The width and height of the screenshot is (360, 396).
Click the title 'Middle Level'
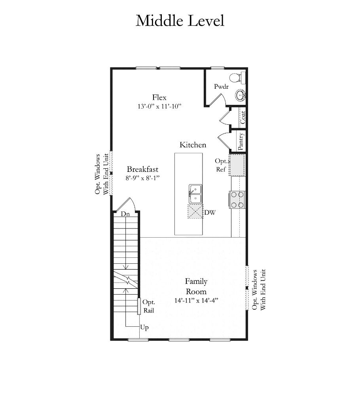(x=180, y=21)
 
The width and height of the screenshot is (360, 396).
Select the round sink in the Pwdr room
(x=241, y=95)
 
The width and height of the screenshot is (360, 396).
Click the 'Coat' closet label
(x=243, y=117)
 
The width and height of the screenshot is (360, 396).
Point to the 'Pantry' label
(x=241, y=141)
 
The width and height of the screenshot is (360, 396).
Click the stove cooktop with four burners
(x=237, y=200)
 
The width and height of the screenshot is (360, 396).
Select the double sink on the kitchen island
(x=195, y=194)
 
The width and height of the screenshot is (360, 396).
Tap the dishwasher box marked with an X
(x=195, y=211)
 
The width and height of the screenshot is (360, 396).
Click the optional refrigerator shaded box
(x=237, y=165)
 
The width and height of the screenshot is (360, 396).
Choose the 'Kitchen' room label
(x=193, y=145)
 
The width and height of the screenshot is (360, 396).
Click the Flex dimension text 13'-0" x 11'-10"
(x=159, y=106)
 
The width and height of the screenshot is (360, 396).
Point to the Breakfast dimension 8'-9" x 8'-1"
(x=143, y=178)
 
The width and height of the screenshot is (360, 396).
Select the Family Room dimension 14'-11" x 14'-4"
(x=196, y=301)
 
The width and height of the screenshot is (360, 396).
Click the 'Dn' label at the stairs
(x=125, y=214)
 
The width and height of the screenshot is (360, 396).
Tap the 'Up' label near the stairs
(x=144, y=327)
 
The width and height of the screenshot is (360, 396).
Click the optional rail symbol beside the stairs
(x=139, y=307)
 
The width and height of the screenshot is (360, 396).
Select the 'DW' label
(x=210, y=213)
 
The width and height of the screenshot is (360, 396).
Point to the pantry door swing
(x=224, y=141)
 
